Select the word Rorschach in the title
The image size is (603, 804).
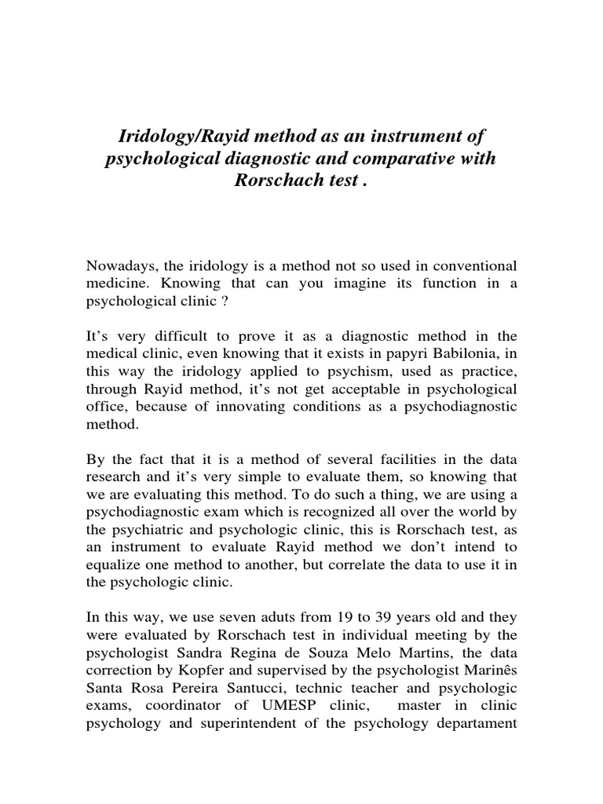tap(279, 181)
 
